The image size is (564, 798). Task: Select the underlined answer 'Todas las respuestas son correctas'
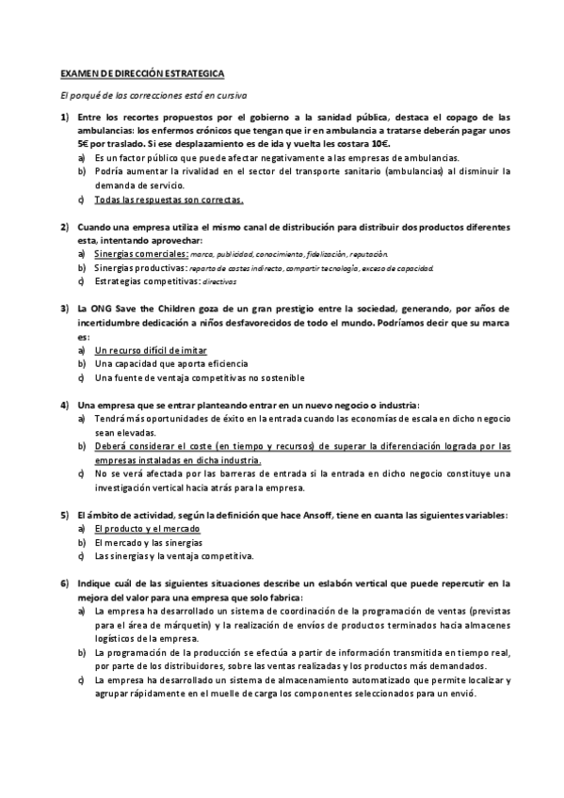(x=169, y=199)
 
